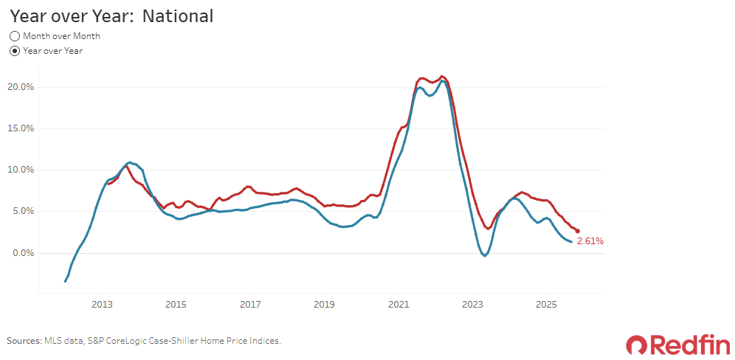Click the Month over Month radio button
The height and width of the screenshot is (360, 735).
click(x=15, y=36)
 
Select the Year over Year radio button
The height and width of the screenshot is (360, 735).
click(x=15, y=51)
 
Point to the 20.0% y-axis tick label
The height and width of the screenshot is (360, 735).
click(x=20, y=87)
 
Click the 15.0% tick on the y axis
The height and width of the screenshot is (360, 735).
click(x=21, y=128)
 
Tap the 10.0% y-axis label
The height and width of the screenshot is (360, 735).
click(x=21, y=170)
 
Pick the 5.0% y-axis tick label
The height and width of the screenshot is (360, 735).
click(x=22, y=212)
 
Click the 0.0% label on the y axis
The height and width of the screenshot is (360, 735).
click(x=22, y=253)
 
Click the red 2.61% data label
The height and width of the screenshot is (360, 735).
click(x=590, y=241)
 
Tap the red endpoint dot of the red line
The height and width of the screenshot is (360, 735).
click(x=578, y=231)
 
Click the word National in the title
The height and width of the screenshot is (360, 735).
click(x=178, y=16)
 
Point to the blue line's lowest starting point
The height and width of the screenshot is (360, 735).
click(x=65, y=281)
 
